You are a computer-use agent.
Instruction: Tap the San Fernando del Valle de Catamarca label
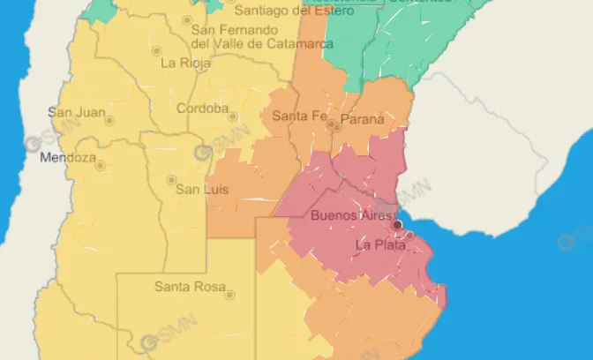tap(261, 36)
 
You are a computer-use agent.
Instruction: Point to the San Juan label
tap(77, 112)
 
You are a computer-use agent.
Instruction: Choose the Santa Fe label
tap(300, 116)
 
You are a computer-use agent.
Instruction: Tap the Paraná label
tap(363, 118)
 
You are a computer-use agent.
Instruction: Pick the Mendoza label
tap(68, 159)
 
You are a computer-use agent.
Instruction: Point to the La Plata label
tap(380, 245)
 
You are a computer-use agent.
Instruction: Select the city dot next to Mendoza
tap(100, 165)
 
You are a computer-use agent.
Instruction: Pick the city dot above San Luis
tap(171, 180)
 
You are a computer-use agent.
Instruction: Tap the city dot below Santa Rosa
tap(229, 295)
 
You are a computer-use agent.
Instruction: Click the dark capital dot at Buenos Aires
tap(397, 225)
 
